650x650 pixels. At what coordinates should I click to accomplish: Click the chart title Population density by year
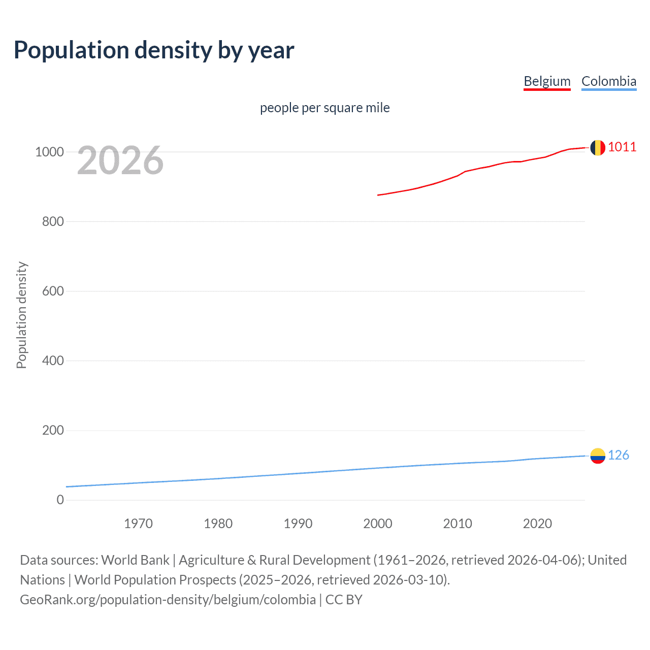154,50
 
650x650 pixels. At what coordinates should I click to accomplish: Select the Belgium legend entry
547,81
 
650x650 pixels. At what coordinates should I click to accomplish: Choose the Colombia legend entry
608,81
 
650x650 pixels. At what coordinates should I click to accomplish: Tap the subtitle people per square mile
324,108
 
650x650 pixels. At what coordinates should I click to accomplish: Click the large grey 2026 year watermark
120,160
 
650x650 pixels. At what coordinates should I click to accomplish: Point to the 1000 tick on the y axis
49,152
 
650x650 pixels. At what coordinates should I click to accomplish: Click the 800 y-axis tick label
53,221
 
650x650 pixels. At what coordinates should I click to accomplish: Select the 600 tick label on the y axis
53,291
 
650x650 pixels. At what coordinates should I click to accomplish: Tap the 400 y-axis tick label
53,361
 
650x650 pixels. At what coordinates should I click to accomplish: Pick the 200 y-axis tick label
53,430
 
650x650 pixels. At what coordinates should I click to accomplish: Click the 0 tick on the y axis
60,500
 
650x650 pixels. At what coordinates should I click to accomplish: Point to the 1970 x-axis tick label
138,524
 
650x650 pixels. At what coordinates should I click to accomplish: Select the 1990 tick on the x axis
298,524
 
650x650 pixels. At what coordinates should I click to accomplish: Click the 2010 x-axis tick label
458,524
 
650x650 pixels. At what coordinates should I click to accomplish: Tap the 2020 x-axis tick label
537,524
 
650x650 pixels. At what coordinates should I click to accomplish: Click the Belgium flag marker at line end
598,148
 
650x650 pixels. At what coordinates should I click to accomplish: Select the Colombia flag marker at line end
598,456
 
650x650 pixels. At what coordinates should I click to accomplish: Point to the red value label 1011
622,147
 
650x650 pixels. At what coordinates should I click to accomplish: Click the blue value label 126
618,455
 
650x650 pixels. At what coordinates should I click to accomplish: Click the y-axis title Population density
21,315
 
